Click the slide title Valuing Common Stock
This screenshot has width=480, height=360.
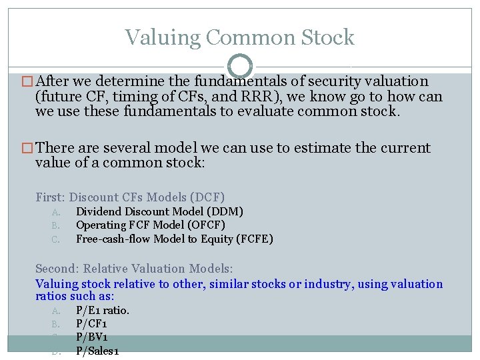tap(239, 37)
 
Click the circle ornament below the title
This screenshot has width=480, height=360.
tap(239, 67)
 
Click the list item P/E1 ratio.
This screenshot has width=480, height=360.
tap(103, 310)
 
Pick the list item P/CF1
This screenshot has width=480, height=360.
tap(92, 324)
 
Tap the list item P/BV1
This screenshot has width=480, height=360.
tap(92, 337)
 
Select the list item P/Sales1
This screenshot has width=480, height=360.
tap(97, 351)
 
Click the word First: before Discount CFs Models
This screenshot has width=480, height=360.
tap(51, 197)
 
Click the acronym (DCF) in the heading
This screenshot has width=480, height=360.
tap(208, 197)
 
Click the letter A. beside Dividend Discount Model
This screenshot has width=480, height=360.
tap(55, 212)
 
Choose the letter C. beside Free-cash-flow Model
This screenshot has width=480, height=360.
tap(55, 239)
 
